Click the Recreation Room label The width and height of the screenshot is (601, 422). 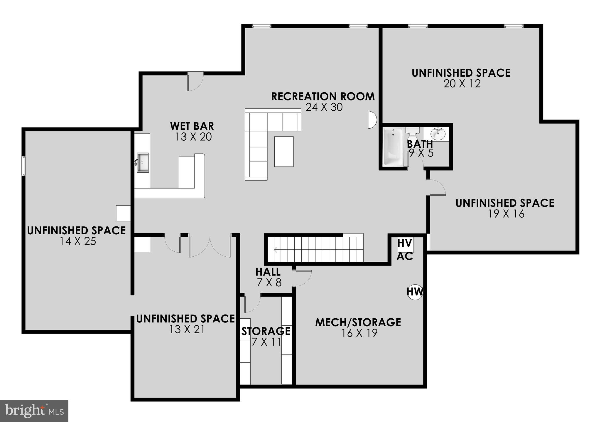[323, 96]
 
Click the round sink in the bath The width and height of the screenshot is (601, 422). [438, 134]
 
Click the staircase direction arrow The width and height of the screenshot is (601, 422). [276, 250]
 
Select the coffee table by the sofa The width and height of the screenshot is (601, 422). [284, 151]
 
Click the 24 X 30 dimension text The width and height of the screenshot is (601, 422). [324, 107]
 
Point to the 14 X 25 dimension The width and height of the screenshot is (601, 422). [78, 241]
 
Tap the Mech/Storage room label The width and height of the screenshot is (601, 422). [358, 322]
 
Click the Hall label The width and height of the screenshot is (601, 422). [268, 272]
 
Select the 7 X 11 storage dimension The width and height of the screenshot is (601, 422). [266, 342]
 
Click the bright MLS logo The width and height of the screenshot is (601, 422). [34, 411]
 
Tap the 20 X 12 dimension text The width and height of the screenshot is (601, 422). [462, 84]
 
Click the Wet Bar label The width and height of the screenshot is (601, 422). [192, 126]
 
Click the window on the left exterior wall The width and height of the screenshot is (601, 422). [23, 166]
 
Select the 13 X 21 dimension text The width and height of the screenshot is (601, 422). [187, 329]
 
